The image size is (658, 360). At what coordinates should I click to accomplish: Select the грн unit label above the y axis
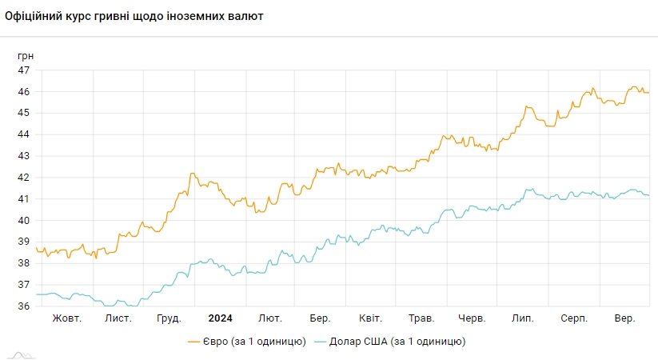click(26, 56)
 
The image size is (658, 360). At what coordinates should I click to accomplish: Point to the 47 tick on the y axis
click(24, 70)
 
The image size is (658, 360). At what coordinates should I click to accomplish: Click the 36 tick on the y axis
click(24, 306)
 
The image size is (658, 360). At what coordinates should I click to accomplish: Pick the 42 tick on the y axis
click(24, 178)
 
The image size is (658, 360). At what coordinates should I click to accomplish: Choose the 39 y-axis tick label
click(24, 242)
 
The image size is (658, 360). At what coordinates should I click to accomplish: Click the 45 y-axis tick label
click(24, 113)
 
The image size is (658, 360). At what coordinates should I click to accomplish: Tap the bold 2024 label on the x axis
click(219, 318)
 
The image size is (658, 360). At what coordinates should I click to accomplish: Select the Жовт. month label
click(68, 318)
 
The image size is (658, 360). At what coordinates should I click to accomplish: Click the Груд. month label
click(168, 318)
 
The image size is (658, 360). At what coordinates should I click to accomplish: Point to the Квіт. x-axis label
click(369, 318)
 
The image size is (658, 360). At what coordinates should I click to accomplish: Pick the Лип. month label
click(523, 318)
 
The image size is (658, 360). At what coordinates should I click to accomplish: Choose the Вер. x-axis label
click(624, 318)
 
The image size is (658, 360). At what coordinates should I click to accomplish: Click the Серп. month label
click(572, 318)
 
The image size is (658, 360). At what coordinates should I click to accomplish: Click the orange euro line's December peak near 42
click(192, 174)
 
